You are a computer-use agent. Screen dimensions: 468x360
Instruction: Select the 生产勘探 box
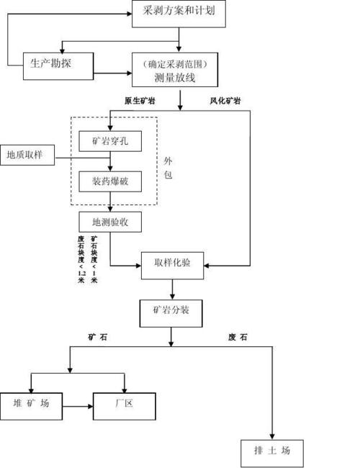58,65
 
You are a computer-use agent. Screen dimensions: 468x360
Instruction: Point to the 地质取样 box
27,155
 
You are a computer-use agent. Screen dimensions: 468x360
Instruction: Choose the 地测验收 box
110,222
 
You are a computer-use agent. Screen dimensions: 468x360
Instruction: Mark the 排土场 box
272,452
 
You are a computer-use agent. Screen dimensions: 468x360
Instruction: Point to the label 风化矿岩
225,101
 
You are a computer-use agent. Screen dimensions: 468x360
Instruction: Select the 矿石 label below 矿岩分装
102,337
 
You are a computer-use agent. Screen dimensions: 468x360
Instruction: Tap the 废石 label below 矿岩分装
238,337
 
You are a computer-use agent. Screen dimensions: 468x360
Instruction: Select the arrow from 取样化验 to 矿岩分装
171,289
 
